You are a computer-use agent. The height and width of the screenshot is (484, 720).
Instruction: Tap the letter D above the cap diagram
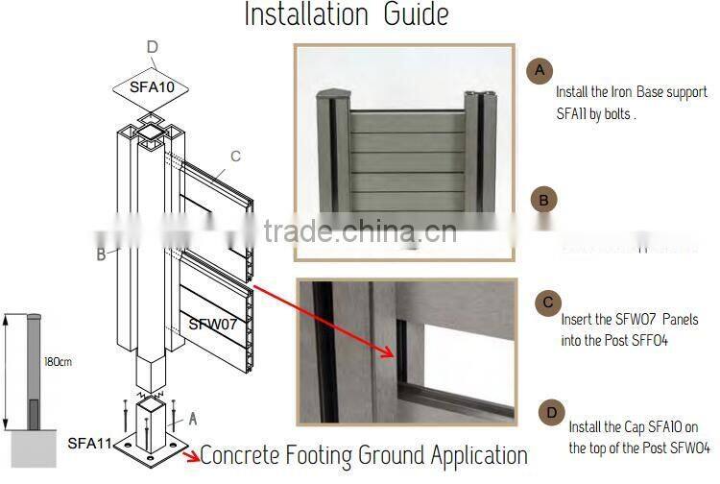(152, 47)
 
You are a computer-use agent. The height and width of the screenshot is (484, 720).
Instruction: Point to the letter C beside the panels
(235, 156)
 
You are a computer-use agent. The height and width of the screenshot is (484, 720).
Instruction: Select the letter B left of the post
(101, 255)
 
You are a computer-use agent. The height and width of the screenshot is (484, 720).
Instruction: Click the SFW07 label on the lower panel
(212, 324)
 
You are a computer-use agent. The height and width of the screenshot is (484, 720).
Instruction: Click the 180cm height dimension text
(57, 363)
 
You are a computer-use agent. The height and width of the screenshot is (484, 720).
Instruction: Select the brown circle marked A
(540, 70)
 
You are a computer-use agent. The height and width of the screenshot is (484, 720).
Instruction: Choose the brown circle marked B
(543, 200)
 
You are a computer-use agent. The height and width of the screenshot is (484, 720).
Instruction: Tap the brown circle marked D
(551, 412)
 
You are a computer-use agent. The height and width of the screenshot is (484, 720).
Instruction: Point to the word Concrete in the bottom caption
(256, 455)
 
